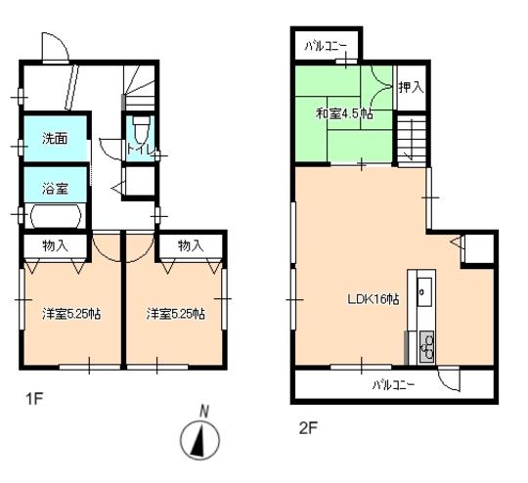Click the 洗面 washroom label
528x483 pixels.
point(54,140)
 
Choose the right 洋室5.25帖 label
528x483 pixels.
point(176,314)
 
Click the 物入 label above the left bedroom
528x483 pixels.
point(55,244)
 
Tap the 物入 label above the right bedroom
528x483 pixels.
point(190,244)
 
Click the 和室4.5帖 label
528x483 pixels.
point(343,114)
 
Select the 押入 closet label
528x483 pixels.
point(411,88)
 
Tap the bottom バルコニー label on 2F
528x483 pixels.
point(393,384)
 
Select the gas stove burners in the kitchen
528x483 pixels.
point(426,344)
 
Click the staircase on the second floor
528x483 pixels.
point(412,138)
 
